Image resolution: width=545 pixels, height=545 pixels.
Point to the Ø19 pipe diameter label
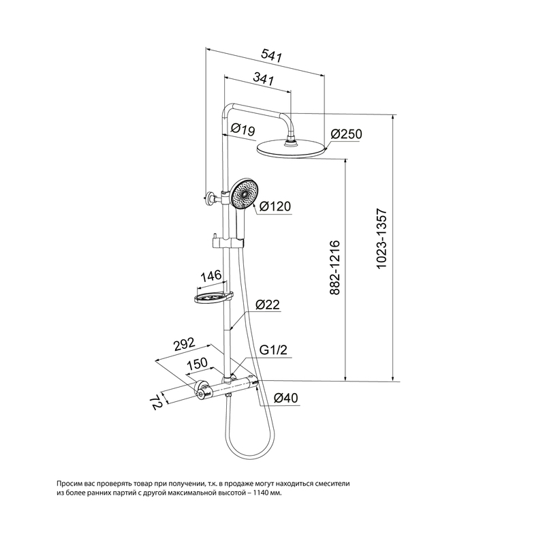pos(243,127)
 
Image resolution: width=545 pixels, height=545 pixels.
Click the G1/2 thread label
pos(275,349)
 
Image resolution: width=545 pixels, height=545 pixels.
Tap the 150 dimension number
pos(196,364)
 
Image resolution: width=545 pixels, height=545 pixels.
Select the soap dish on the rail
pos(213,298)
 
